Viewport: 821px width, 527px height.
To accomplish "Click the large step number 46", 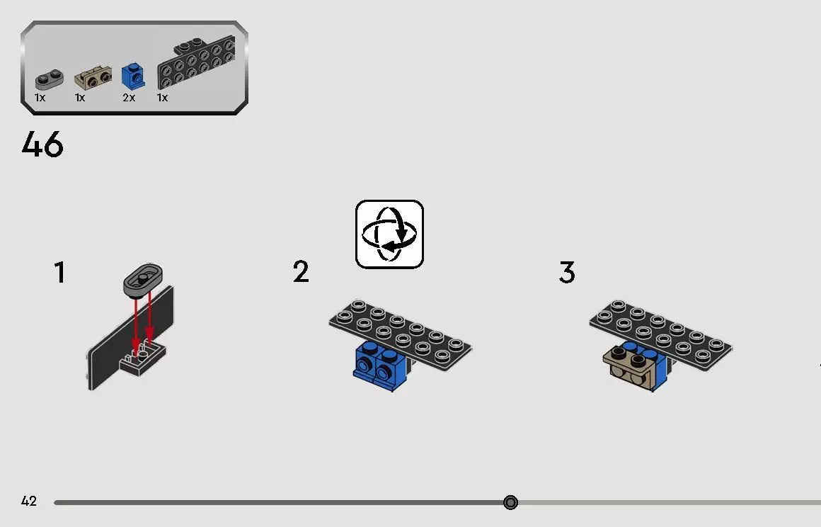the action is pos(42,144).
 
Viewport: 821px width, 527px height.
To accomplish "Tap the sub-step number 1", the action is pos(60,273).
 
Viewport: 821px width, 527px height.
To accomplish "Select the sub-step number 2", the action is pos(301,272).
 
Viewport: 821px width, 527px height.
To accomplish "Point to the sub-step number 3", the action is pos(567,272).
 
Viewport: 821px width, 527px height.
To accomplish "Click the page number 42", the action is pos(29,501).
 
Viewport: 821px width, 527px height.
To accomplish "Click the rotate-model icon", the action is pos(389,234).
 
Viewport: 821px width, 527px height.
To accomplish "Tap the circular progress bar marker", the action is pos(510,502).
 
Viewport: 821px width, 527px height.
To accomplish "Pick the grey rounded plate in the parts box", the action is pos(49,79).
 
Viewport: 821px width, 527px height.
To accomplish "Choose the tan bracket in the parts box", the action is pos(93,78).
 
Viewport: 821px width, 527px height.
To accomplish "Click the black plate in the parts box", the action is pos(196,62).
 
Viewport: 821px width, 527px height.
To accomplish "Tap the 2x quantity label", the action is pos(129,98).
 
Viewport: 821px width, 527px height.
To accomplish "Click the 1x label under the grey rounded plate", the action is pos(40,98).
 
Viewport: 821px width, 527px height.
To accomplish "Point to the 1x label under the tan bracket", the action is pos(79,98).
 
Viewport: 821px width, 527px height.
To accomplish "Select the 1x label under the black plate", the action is pos(162,98).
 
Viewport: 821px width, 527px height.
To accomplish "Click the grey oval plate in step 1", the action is pos(143,279).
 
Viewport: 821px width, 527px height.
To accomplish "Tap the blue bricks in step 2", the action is pos(379,365).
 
